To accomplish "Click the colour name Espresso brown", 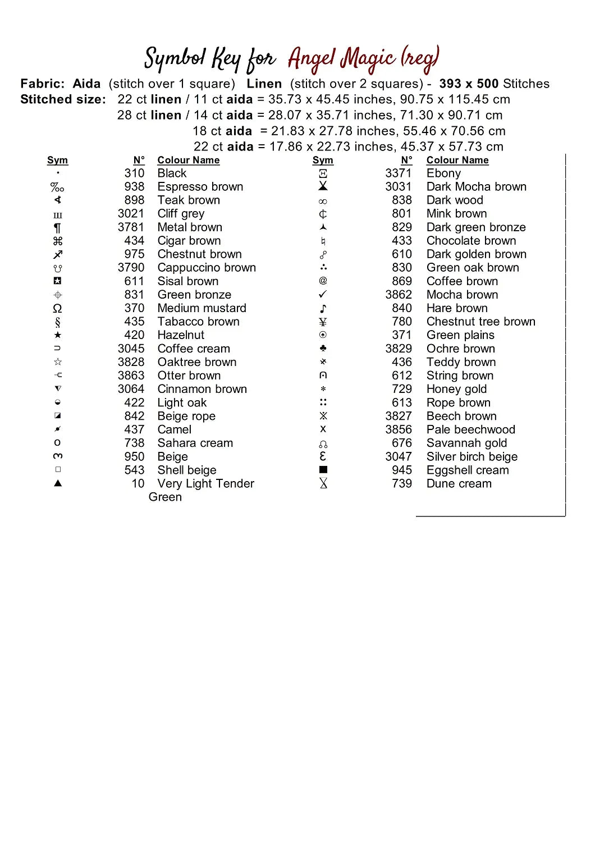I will coord(200,187).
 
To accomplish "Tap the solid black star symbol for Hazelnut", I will coord(58,335).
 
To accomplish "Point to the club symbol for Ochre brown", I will coord(323,349).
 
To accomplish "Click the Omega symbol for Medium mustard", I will coord(57,308).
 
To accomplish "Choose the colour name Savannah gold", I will coord(466,443).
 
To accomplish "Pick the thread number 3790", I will coord(131,268).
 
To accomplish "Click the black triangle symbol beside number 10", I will coord(57,483).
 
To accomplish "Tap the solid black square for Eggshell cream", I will coord(323,470).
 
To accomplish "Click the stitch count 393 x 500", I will coord(469,84).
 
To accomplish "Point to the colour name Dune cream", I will coord(459,483).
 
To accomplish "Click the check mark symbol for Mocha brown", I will coord(323,295).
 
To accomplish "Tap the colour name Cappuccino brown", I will coord(207,268).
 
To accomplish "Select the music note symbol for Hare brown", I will coord(323,308).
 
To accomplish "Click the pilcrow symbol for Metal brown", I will coord(57,227).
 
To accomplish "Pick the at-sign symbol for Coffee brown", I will coord(323,281).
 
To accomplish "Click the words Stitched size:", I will coord(63,99).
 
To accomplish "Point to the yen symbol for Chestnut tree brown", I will coord(323,322).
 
